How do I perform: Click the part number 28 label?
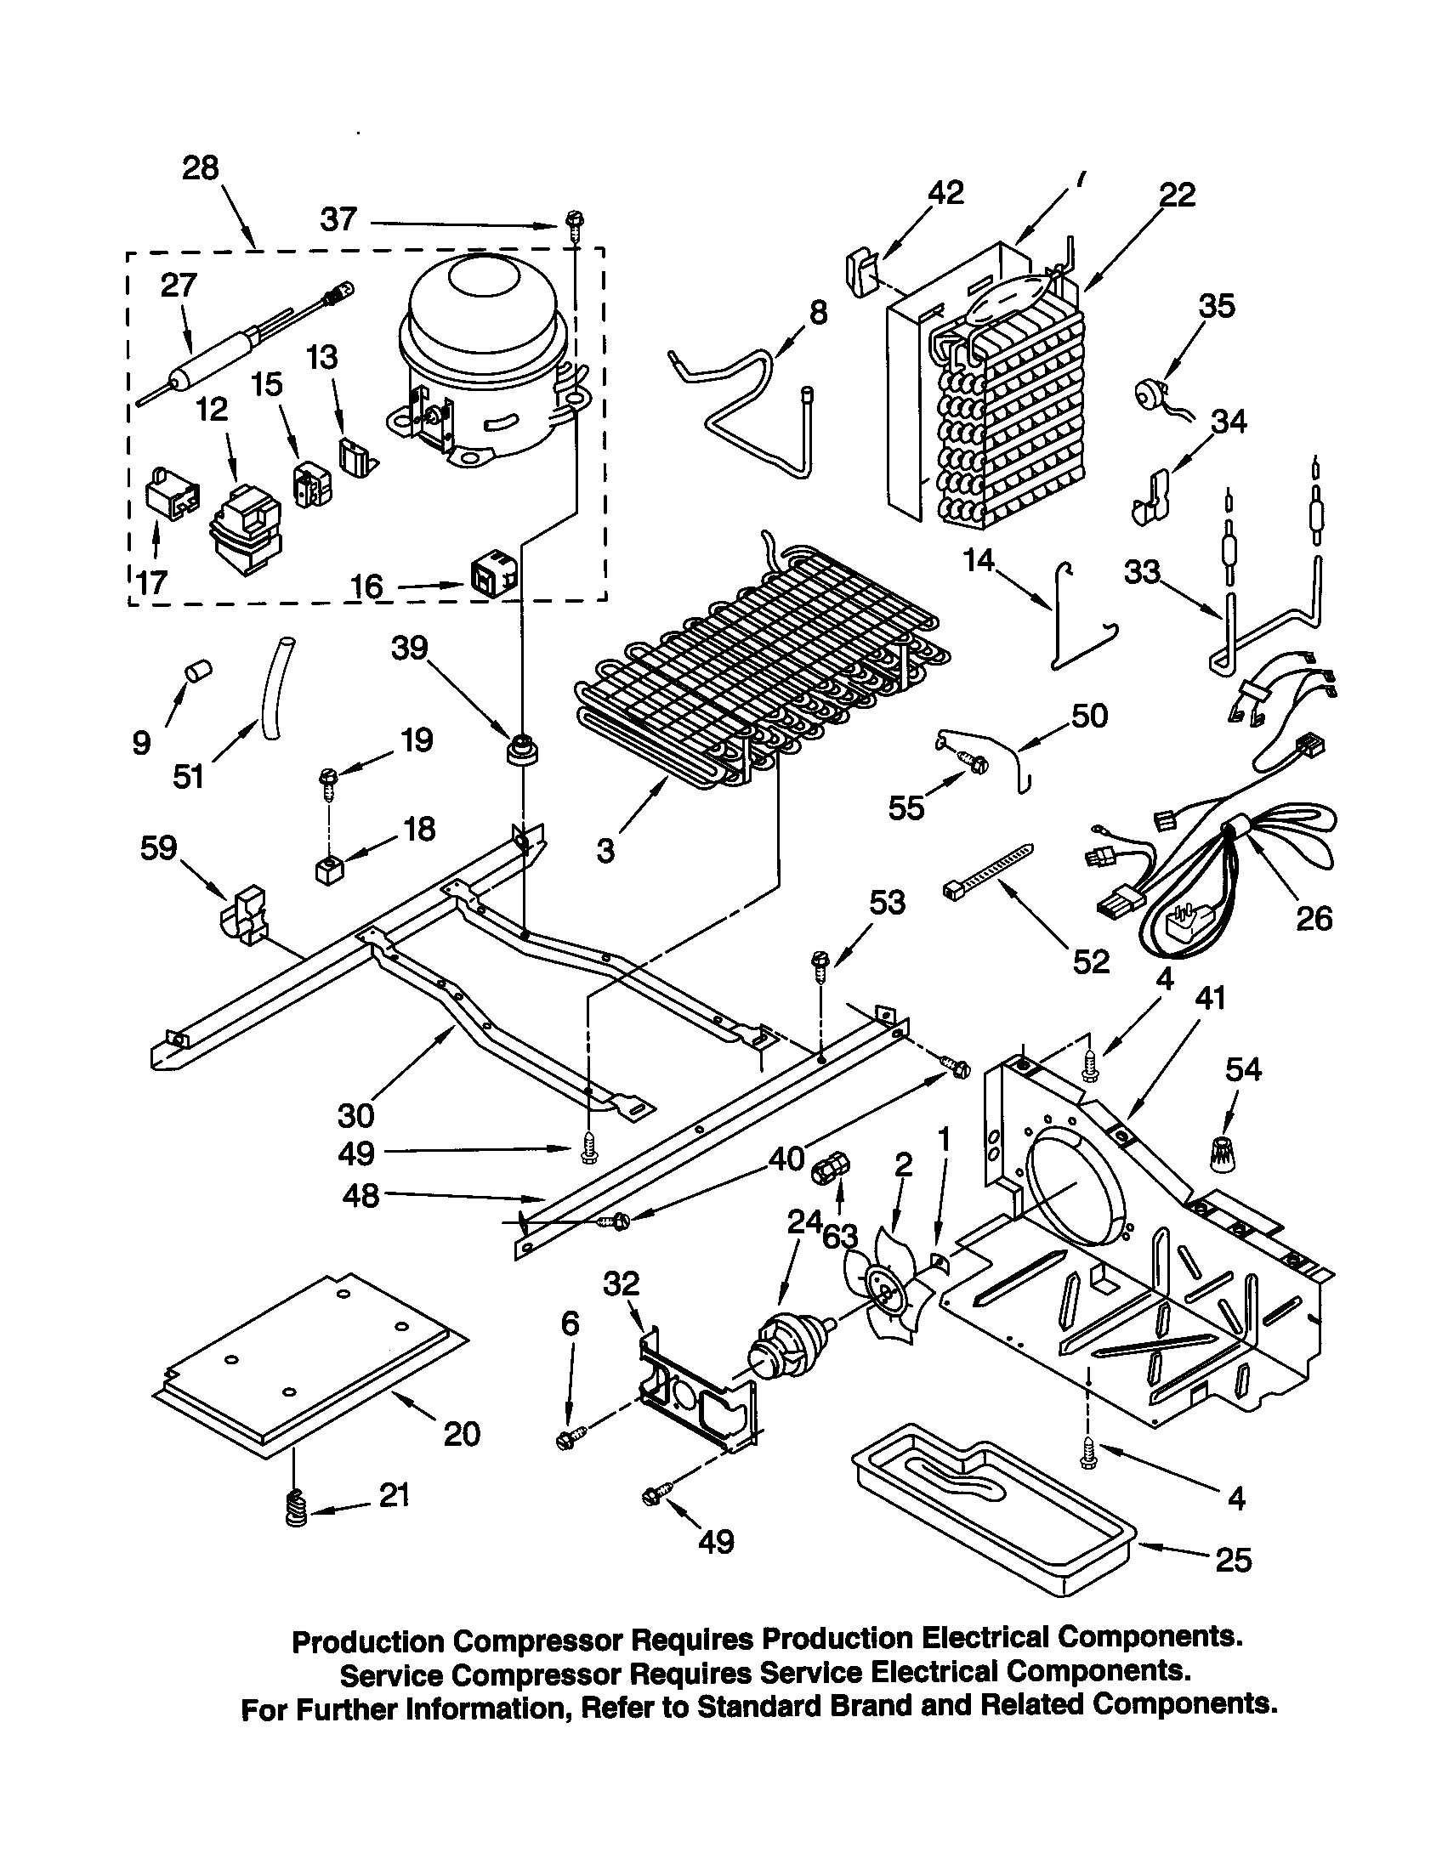200,167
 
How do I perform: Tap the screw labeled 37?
572,224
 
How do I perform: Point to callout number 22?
1177,195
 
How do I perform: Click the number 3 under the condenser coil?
605,850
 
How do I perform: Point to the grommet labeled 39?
521,750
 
